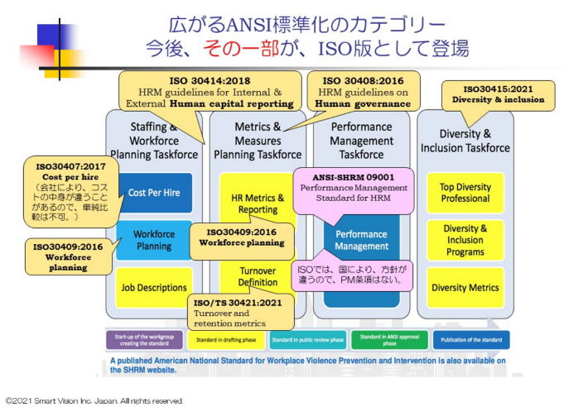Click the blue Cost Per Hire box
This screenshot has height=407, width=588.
pyautogui.click(x=154, y=193)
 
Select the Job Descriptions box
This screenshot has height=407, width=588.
pyautogui.click(x=153, y=287)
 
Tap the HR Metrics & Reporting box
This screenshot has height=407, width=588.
pyautogui.click(x=258, y=203)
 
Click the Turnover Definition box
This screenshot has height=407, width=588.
pyautogui.click(x=258, y=276)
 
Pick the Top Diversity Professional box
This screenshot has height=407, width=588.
pyautogui.click(x=465, y=193)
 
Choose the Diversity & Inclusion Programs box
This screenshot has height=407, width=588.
pyautogui.click(x=465, y=240)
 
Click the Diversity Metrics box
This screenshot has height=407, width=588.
pyautogui.click(x=465, y=287)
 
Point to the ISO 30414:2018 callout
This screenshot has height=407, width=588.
pyautogui.click(x=208, y=91)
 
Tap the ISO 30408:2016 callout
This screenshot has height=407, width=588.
pyautogui.click(x=364, y=91)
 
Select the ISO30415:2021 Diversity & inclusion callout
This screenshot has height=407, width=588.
pyautogui.click(x=493, y=93)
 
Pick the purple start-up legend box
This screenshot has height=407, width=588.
pyautogui.click(x=143, y=340)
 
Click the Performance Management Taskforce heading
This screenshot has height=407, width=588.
pyautogui.click(x=361, y=141)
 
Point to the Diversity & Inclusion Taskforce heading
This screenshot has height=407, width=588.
pyautogui.click(x=466, y=141)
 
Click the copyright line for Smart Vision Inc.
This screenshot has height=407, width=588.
pyautogui.click(x=94, y=400)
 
